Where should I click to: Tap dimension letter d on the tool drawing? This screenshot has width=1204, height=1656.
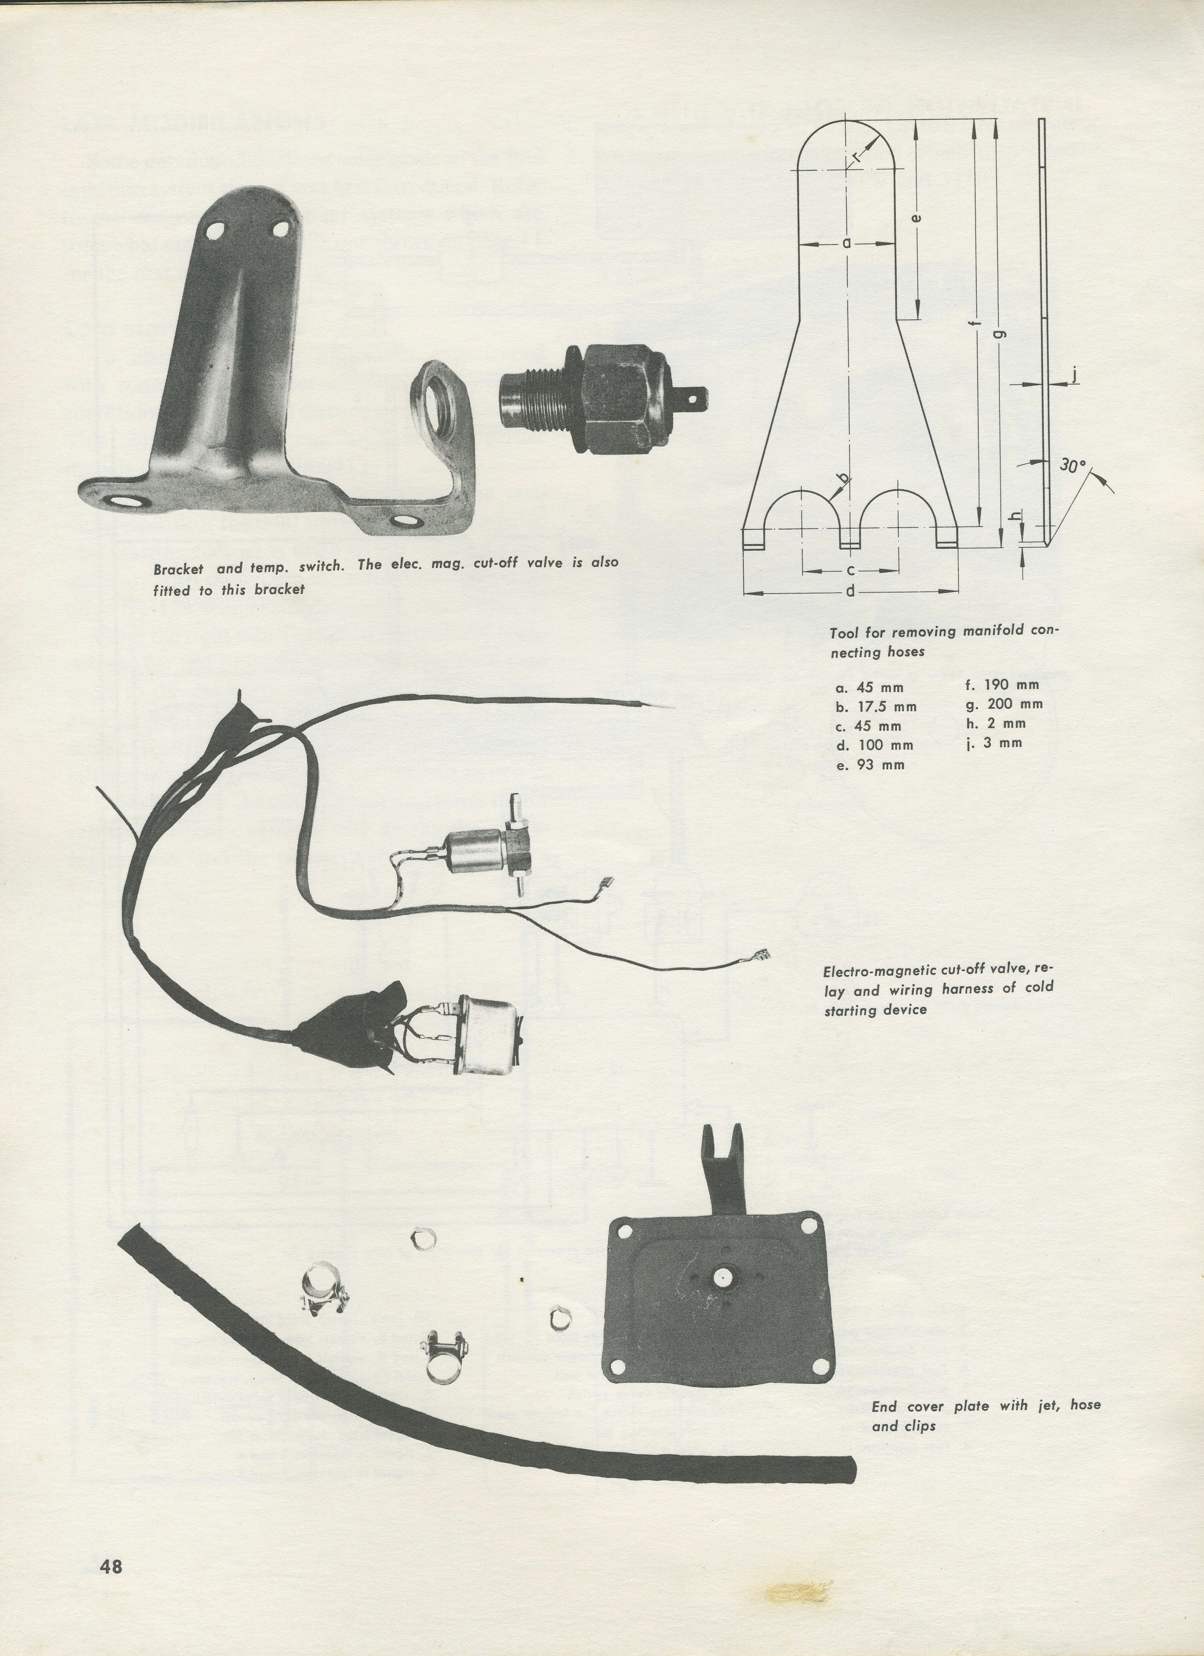(x=850, y=592)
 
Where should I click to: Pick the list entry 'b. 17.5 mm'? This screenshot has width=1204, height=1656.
(x=876, y=707)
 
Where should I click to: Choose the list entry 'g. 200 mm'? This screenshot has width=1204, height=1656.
(x=1004, y=704)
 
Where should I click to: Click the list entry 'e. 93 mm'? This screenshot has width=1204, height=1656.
(x=870, y=765)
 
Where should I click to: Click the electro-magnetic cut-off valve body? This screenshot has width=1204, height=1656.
(x=475, y=853)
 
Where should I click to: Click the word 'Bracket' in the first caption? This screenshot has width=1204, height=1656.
(x=178, y=570)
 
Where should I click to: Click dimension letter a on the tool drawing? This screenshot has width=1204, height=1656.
(x=846, y=243)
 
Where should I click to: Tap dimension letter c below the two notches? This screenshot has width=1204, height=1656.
(x=850, y=570)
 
